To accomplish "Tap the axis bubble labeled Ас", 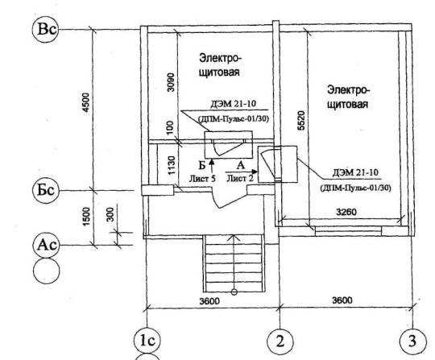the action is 47,245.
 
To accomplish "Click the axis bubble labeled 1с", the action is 147,341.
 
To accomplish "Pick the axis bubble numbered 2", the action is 280,341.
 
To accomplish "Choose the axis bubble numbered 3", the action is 412,341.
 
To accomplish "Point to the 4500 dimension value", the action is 86,102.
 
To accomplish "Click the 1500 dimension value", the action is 86,217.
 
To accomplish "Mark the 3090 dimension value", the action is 172,82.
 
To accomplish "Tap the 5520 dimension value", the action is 301,120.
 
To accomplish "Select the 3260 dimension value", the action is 346,212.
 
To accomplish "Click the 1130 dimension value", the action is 172,166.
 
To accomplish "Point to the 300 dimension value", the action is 110,214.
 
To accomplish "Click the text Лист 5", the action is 202,179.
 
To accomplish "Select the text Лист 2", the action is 240,178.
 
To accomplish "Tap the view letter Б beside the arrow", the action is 202,166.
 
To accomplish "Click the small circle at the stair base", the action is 234,292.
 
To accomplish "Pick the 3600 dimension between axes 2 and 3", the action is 342,300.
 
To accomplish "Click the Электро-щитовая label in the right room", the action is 348,97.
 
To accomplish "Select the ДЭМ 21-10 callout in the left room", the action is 234,104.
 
